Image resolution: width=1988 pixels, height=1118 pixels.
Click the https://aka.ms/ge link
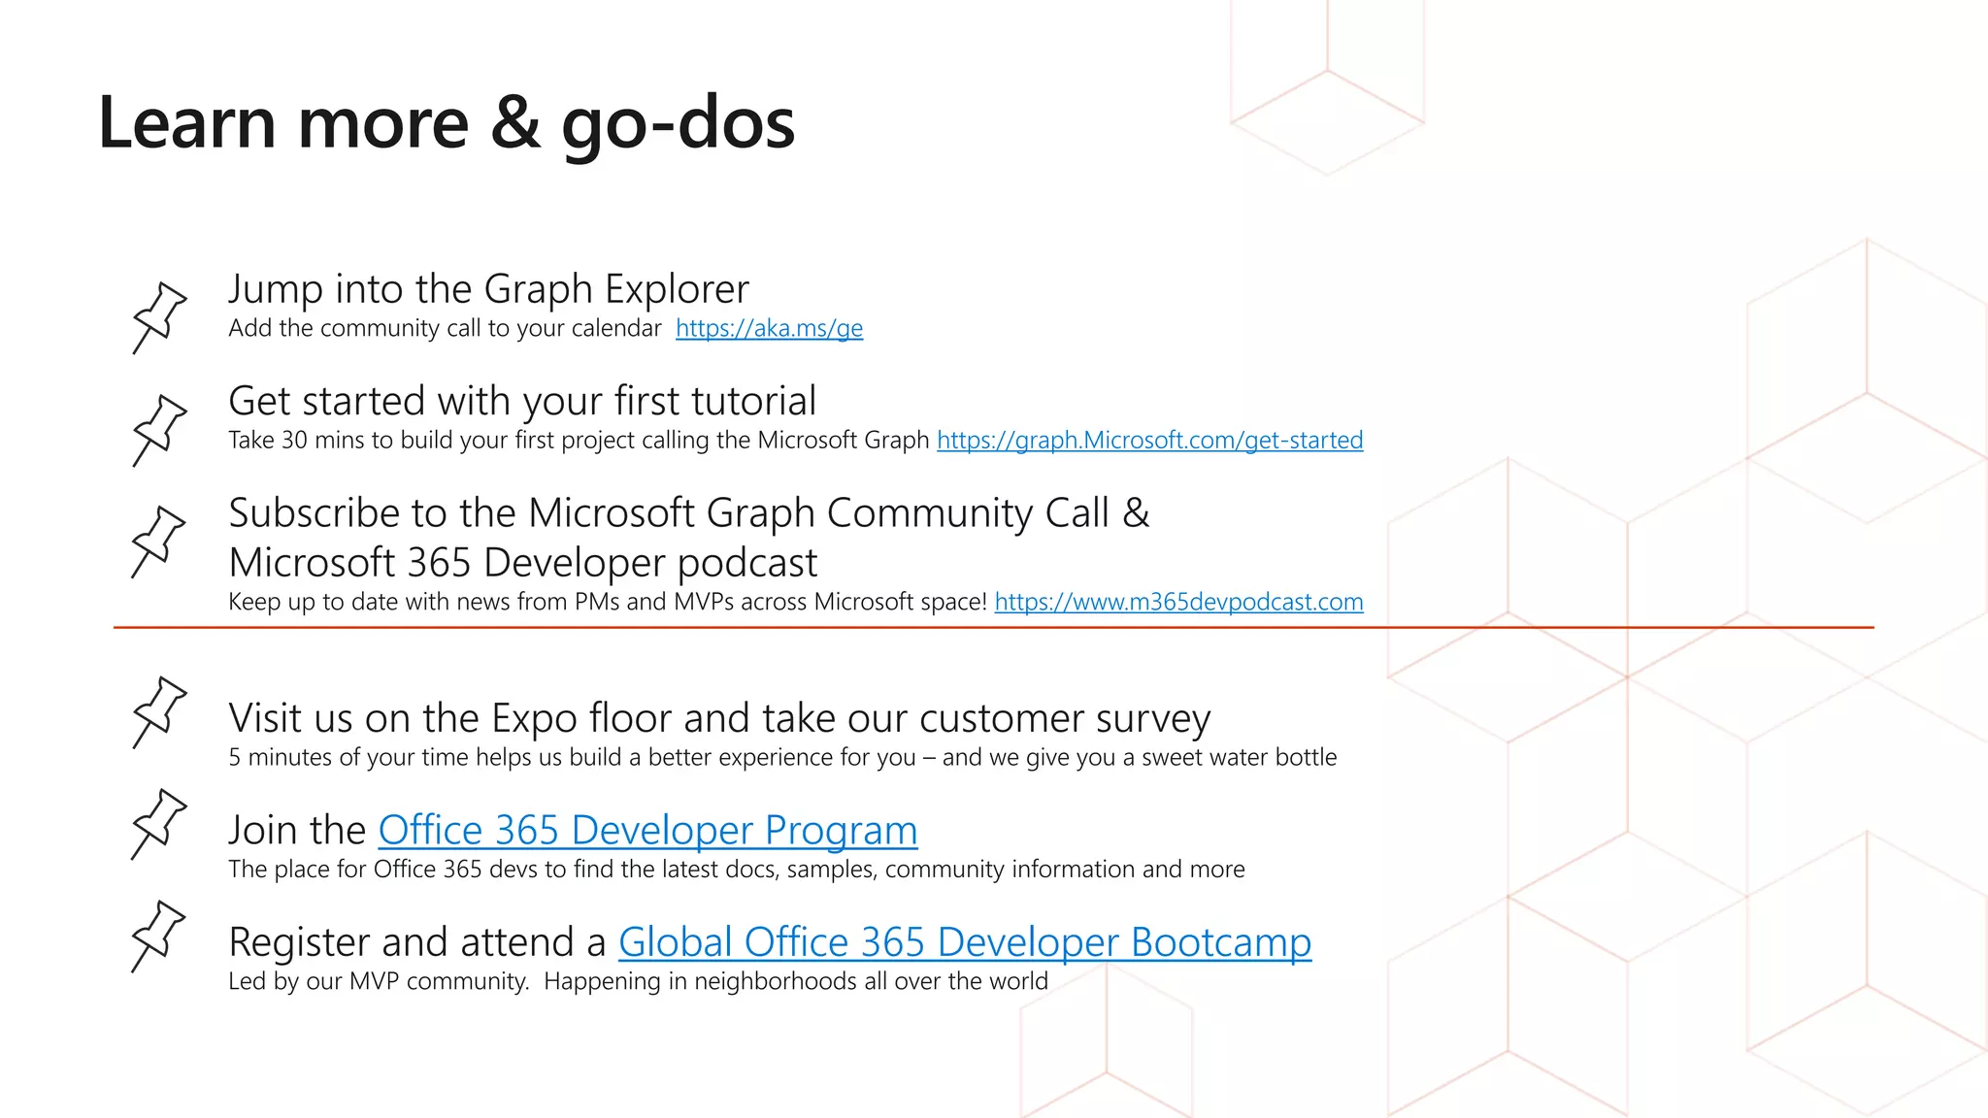point(769,329)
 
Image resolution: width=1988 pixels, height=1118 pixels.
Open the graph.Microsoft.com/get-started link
point(1149,441)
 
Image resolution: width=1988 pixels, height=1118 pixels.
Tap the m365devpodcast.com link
point(1178,603)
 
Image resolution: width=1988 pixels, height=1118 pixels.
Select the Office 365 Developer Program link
point(647,831)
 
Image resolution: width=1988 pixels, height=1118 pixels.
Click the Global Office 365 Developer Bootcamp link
point(964,942)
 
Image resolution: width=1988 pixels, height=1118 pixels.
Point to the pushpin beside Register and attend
point(159,935)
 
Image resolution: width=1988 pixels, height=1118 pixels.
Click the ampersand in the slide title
point(515,123)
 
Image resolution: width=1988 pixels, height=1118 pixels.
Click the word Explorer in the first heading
point(677,290)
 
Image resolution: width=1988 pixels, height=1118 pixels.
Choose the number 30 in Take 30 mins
point(294,441)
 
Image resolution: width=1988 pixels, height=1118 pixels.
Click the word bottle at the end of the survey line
point(1306,758)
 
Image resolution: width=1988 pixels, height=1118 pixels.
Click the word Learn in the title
point(187,123)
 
